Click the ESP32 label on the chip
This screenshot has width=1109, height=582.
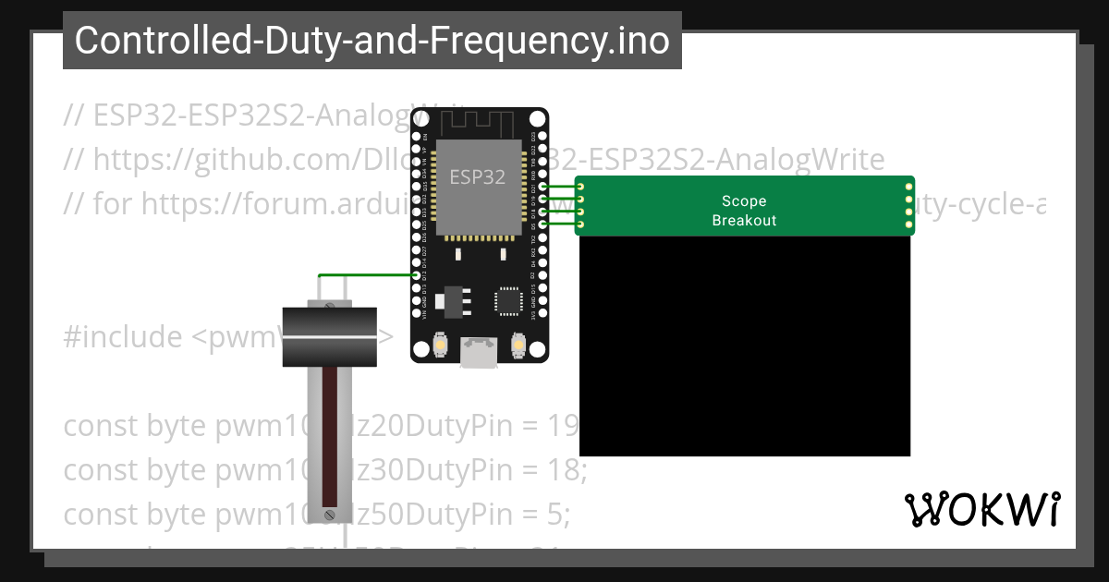[x=477, y=176]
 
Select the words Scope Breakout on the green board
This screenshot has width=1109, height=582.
[x=744, y=211]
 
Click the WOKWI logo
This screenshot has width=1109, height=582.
[x=981, y=509]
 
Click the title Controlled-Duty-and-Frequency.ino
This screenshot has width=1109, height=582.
[x=372, y=41]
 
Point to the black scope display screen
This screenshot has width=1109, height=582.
[x=744, y=346]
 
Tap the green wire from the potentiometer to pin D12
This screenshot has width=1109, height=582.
[x=365, y=275]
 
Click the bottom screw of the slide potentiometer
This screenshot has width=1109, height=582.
[x=329, y=513]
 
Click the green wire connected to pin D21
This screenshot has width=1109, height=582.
[x=560, y=187]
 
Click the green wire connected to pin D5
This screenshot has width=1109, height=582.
[x=560, y=223]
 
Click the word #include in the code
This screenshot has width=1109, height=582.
[x=123, y=337]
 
